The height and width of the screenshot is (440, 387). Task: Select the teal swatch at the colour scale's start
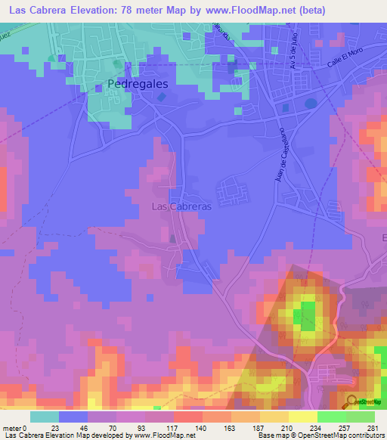tap(44, 417)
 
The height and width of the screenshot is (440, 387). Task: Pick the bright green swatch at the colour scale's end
tap(360, 417)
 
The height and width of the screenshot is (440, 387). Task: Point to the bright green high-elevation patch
tap(307, 315)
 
